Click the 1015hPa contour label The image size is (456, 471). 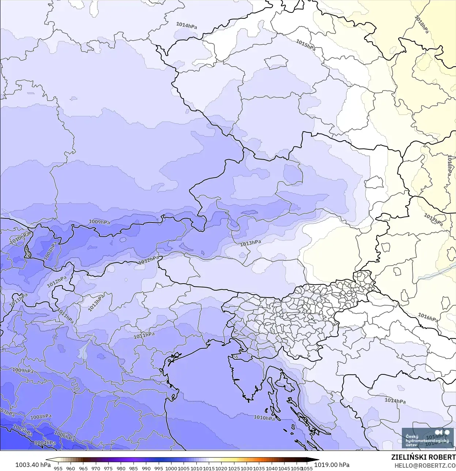click(x=305, y=45)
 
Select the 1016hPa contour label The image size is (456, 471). click(x=428, y=317)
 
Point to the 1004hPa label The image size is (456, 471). click(x=45, y=443)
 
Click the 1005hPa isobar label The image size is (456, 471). click(x=23, y=430)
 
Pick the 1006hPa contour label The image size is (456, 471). click(x=64, y=436)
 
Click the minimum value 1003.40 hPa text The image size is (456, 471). click(x=33, y=465)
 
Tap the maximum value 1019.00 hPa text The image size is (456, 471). click(x=332, y=465)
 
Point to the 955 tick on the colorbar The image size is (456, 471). click(x=58, y=468)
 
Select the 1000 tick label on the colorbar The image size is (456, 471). click(x=171, y=468)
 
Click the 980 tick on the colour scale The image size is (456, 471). click(x=121, y=468)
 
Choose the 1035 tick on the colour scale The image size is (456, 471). click(x=259, y=468)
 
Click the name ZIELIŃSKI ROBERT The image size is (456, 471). click(x=423, y=457)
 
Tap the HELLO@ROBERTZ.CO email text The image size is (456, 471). click(x=425, y=466)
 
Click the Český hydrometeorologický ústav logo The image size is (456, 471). click(x=427, y=438)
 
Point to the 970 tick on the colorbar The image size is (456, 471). click(x=96, y=468)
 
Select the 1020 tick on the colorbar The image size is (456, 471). click(x=221, y=468)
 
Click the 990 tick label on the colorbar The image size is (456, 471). click(x=146, y=468)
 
